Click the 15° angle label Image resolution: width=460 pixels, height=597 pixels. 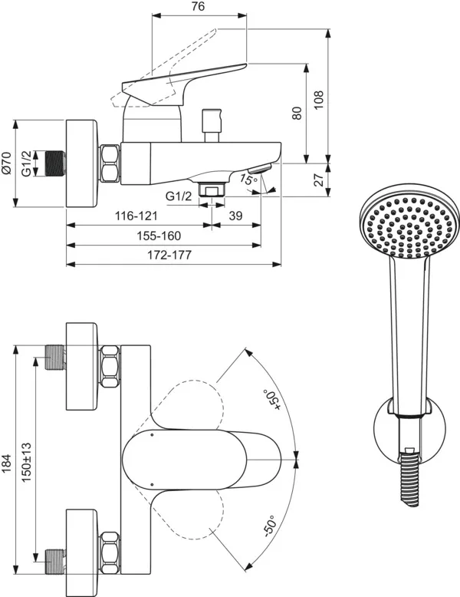(x=247, y=180)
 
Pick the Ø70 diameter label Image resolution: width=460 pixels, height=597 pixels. (x=8, y=163)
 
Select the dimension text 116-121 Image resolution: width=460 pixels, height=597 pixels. (x=138, y=216)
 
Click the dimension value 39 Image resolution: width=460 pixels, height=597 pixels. (x=235, y=216)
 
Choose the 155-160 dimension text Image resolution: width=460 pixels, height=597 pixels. (x=159, y=236)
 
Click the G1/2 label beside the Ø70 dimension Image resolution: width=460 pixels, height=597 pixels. (x=27, y=163)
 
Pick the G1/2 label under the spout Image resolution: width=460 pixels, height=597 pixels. (x=181, y=197)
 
